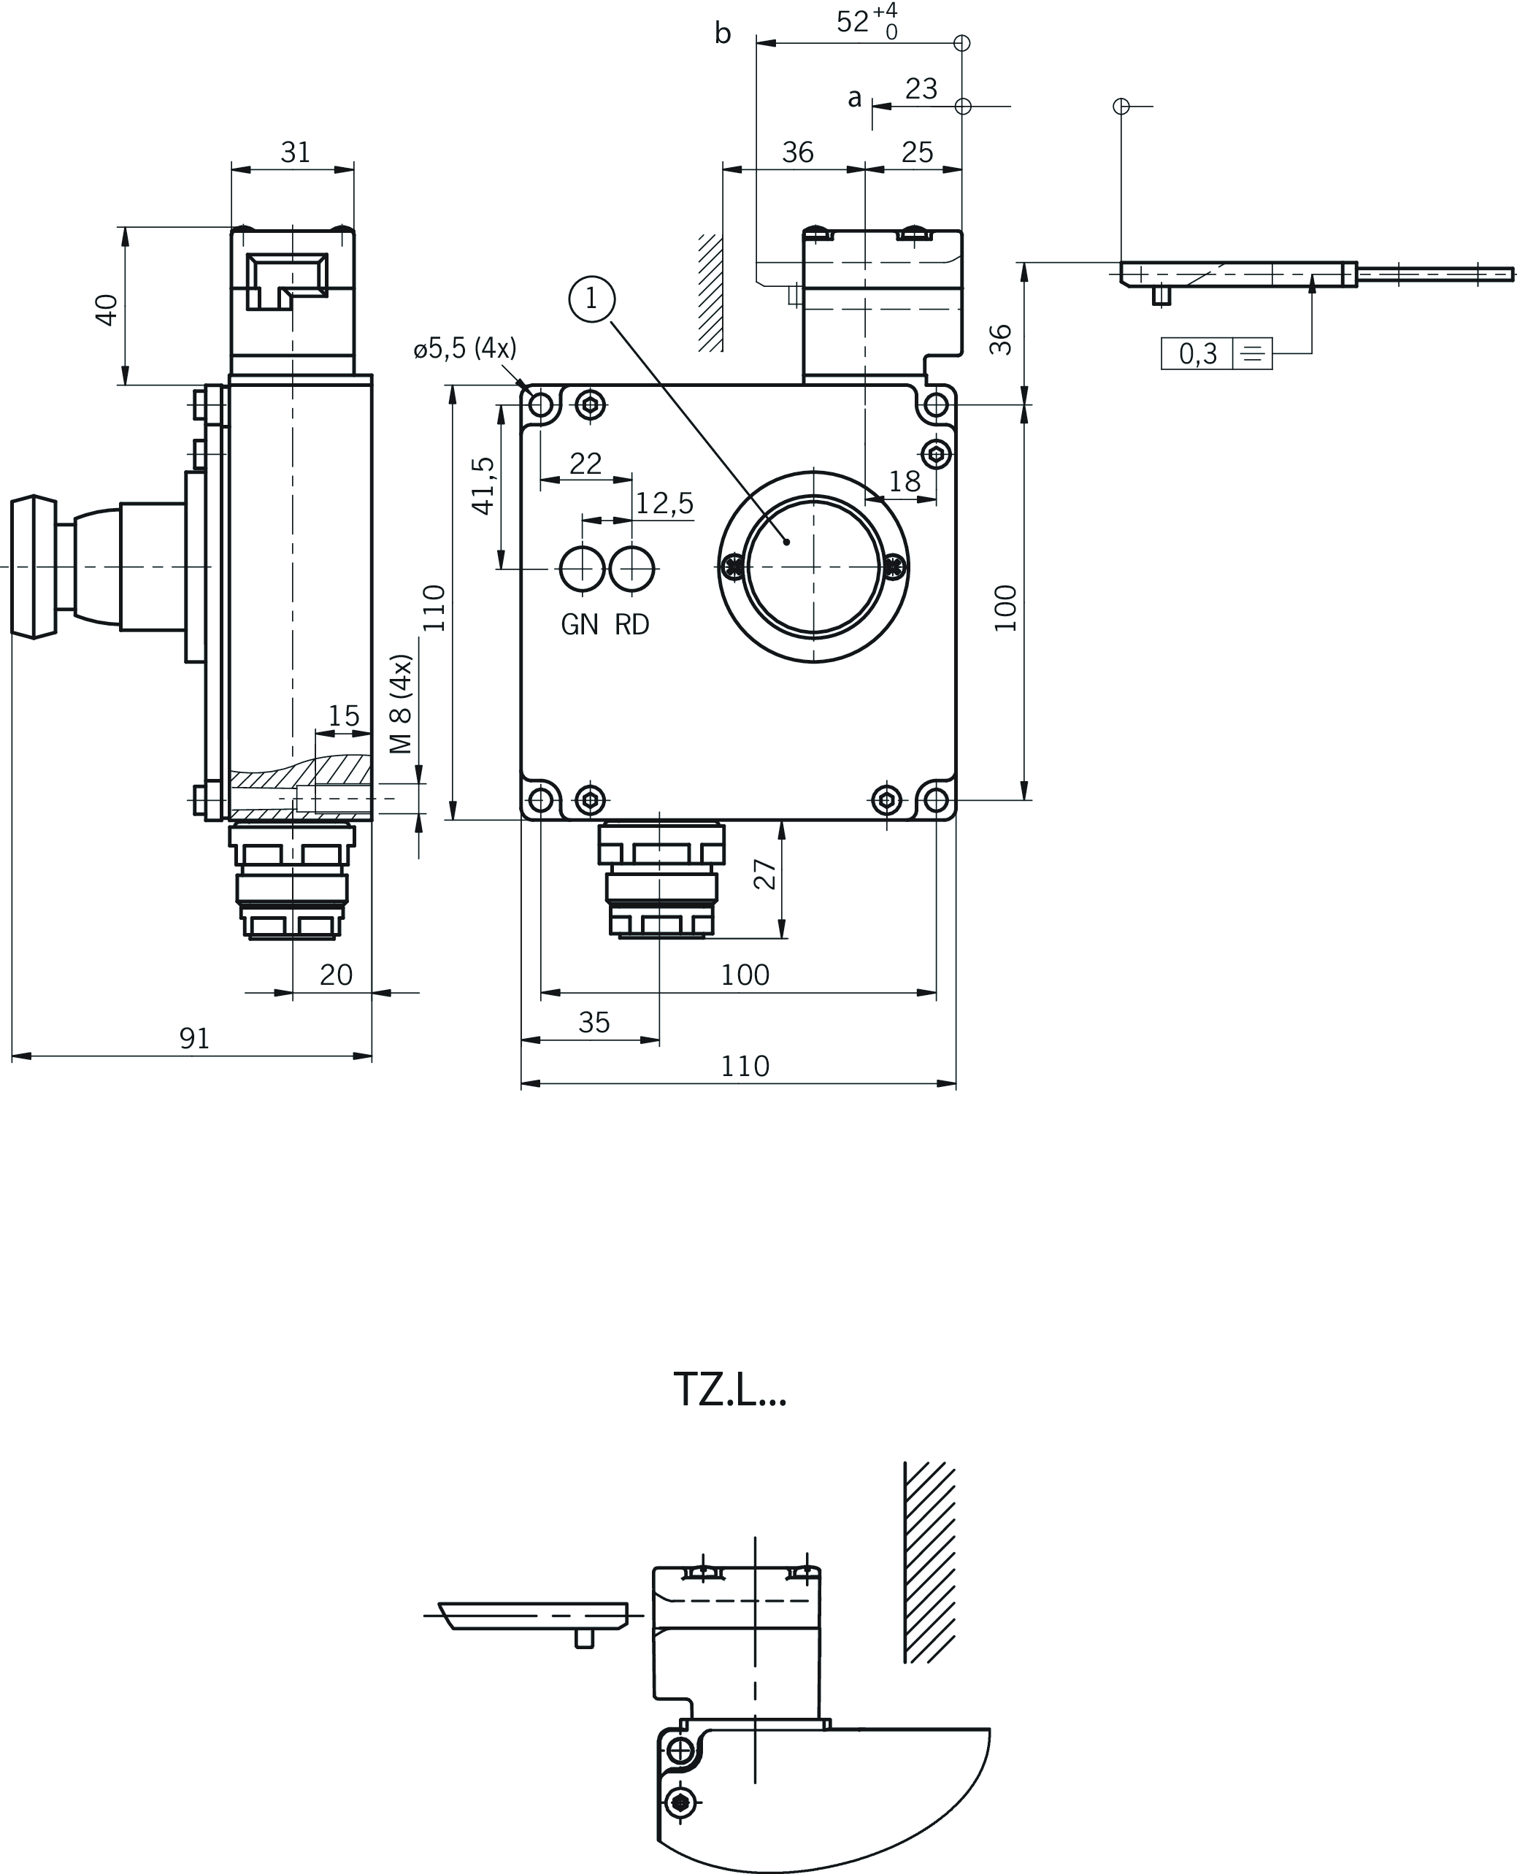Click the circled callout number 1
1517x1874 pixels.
pyautogui.click(x=591, y=299)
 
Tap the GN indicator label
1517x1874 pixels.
pyautogui.click(x=580, y=625)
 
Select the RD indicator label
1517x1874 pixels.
pyautogui.click(x=631, y=625)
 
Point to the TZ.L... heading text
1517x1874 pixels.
pyautogui.click(x=729, y=1390)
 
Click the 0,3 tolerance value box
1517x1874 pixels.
pyautogui.click(x=1197, y=354)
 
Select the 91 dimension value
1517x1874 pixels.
pyautogui.click(x=194, y=1038)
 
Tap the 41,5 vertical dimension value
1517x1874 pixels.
pyautogui.click(x=483, y=485)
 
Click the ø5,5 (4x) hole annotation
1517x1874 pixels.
pyautogui.click(x=465, y=348)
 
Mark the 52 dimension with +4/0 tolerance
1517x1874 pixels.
pyautogui.click(x=867, y=21)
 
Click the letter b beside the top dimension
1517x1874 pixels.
pyautogui.click(x=723, y=32)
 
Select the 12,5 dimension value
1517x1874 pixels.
pyautogui.click(x=664, y=503)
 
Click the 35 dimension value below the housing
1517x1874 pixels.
pyautogui.click(x=594, y=1022)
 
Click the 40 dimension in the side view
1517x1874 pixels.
pyautogui.click(x=107, y=310)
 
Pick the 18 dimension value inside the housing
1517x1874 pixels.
pyautogui.click(x=905, y=481)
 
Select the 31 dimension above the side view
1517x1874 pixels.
pyautogui.click(x=296, y=152)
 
